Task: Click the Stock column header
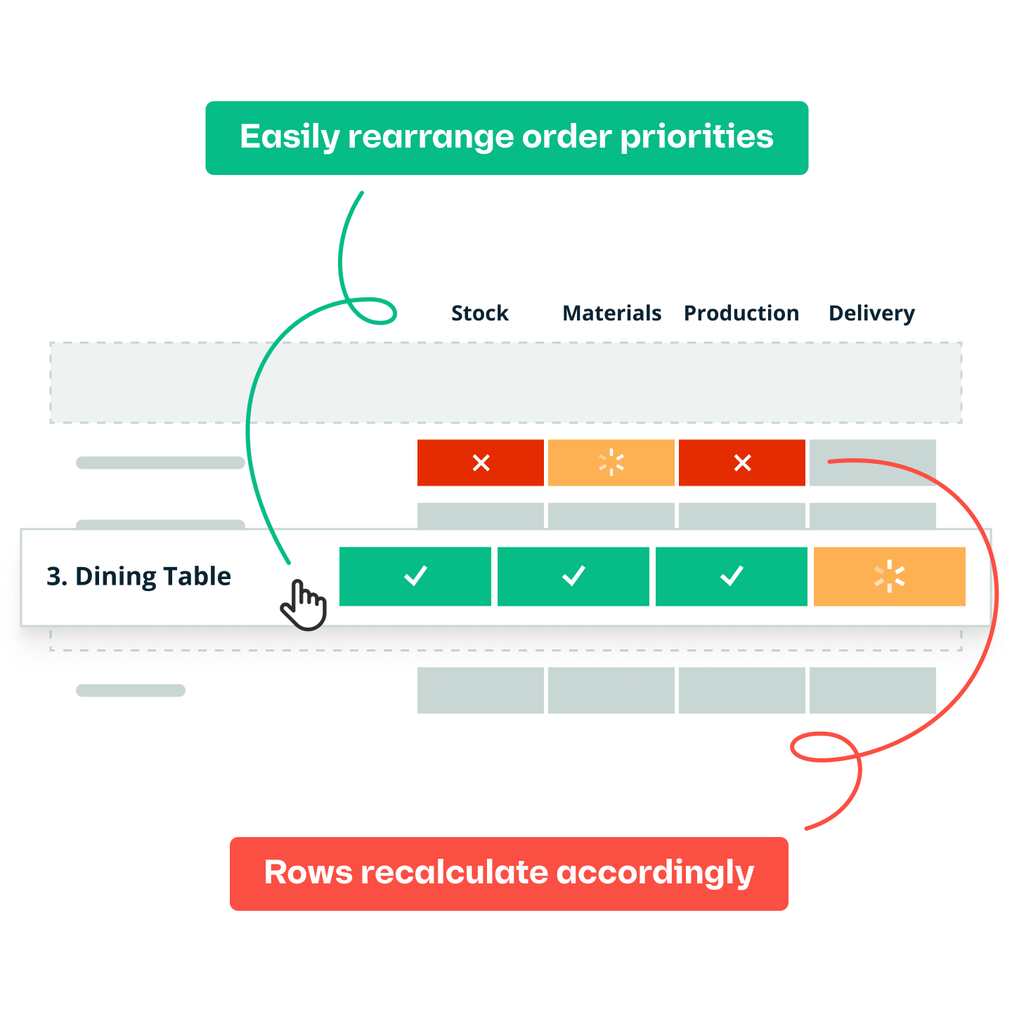(x=479, y=313)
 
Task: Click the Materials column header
(x=611, y=313)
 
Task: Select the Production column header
(x=741, y=313)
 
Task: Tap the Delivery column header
(x=871, y=313)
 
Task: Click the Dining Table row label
(x=138, y=576)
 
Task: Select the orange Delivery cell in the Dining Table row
(x=889, y=576)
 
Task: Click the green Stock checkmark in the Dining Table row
(x=415, y=576)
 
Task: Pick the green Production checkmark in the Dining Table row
(x=732, y=576)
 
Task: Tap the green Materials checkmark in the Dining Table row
(x=573, y=576)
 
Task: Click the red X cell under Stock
(x=481, y=462)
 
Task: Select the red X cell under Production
(x=742, y=462)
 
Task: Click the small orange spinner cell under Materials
(x=611, y=462)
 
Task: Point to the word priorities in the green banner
(x=696, y=137)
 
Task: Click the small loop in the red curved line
(x=824, y=747)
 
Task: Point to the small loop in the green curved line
(x=372, y=311)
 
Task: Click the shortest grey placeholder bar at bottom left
(x=131, y=691)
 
